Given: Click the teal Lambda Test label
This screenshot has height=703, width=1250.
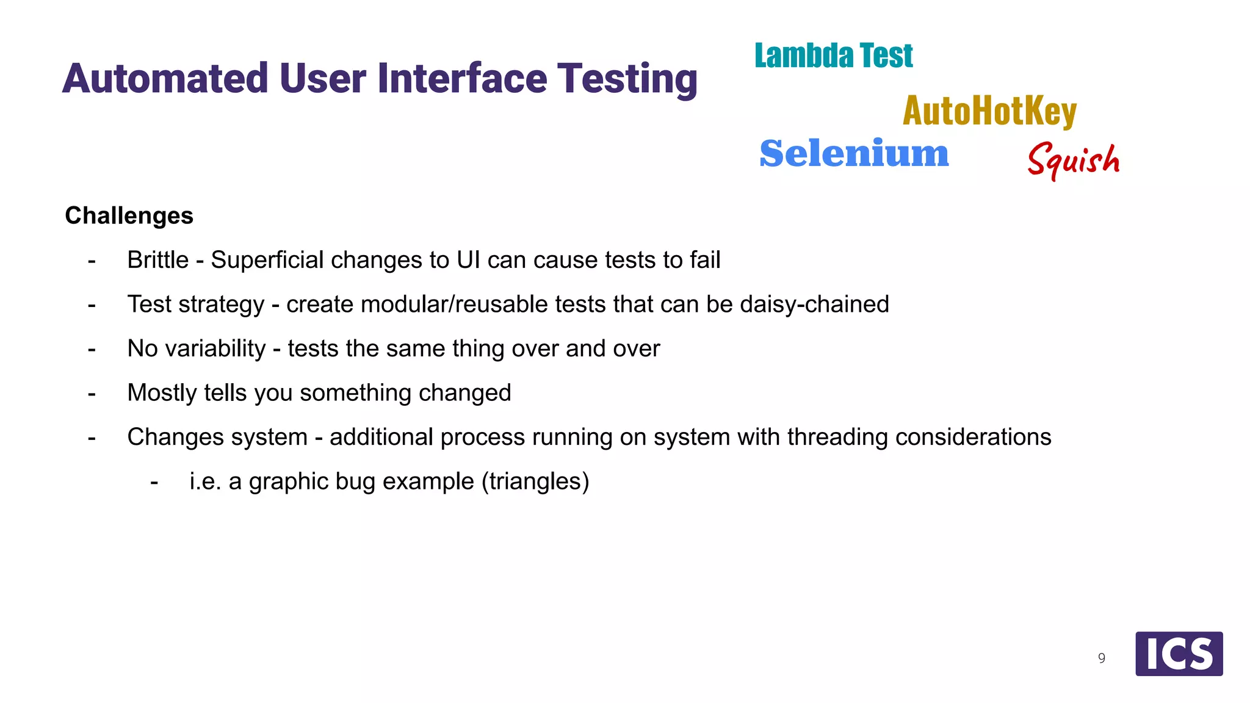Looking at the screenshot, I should click(x=833, y=56).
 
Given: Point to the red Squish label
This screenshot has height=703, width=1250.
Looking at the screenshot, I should click(x=1074, y=160).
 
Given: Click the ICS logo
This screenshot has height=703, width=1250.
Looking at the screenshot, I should click(x=1179, y=654).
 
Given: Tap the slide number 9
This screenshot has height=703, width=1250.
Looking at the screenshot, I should click(x=1102, y=658).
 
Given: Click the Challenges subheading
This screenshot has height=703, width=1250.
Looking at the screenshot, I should click(x=129, y=215).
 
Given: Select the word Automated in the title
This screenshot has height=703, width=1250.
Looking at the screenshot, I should click(x=165, y=79).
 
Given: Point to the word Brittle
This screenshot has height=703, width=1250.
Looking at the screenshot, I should click(x=158, y=260).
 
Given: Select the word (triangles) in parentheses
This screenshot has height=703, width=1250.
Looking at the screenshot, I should click(x=535, y=481).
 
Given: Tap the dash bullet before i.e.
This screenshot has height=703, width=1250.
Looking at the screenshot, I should click(x=154, y=482).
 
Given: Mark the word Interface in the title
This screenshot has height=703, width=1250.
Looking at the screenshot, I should click(x=462, y=79).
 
